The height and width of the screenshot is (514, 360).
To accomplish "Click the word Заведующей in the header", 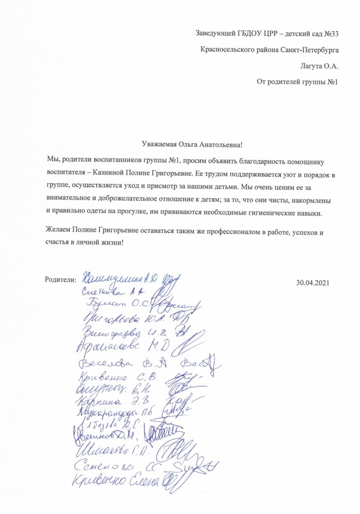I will point(215,34).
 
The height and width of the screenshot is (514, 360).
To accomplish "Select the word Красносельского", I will point(229,50).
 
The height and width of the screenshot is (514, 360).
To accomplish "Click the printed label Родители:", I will point(61,279).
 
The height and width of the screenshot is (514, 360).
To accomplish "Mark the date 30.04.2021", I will point(313,282).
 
